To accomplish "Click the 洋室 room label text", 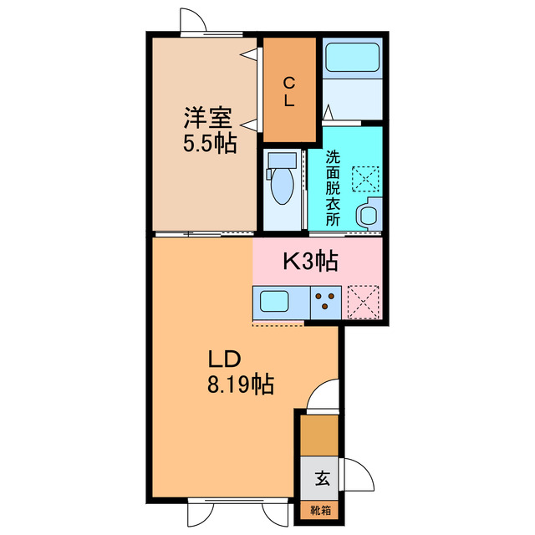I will [208, 119].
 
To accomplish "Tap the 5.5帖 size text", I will [209, 143].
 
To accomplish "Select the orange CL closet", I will [288, 91].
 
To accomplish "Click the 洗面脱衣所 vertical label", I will [333, 188].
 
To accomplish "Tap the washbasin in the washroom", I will [368, 215].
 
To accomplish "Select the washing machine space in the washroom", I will [364, 178].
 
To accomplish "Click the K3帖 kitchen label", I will [309, 262].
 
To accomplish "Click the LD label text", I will [225, 359].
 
